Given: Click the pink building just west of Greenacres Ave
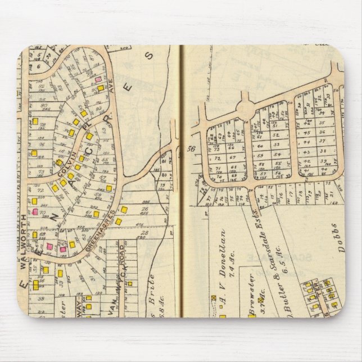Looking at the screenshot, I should click(x=99, y=80).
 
